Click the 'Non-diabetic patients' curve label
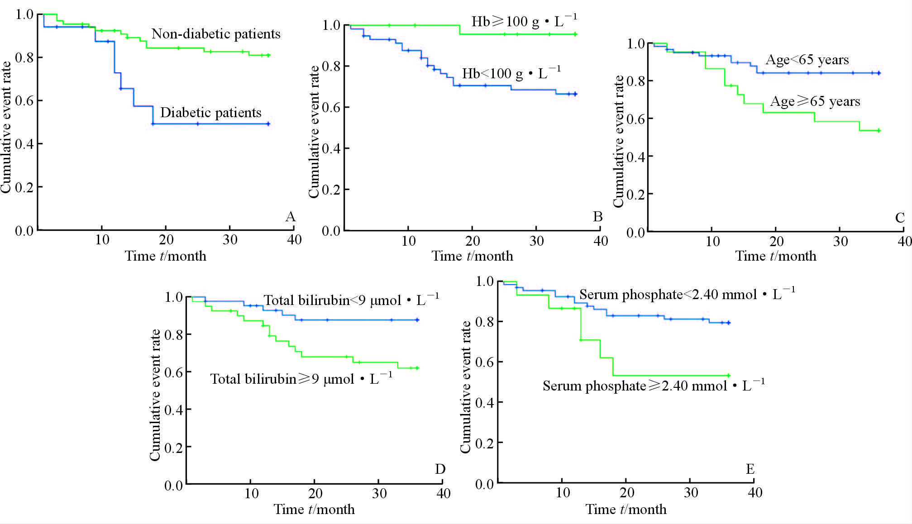point(216,34)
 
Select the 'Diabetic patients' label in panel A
point(210,113)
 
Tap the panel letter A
point(290,217)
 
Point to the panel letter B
point(597,217)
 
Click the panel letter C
point(900,218)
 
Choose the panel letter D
point(440,469)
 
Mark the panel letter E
point(750,469)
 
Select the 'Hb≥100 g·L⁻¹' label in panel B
point(524,21)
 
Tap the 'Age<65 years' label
point(807,60)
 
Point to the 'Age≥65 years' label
point(815,101)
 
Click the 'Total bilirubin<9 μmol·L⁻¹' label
point(351,300)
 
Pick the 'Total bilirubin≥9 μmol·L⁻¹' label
point(301,379)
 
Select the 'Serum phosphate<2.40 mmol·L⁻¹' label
point(687,295)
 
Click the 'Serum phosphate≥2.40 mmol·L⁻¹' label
point(654,386)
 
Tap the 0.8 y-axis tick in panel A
point(24,57)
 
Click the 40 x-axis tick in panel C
point(904,241)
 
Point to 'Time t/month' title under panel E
point(626,510)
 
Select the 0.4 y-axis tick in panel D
point(174,410)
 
